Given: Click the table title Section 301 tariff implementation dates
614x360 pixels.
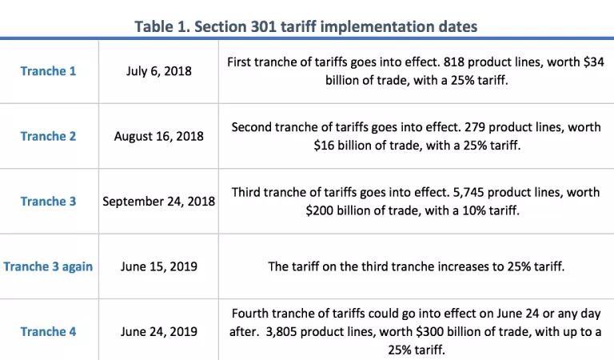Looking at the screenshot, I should tap(306, 26).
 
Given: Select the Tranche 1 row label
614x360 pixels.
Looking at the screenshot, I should tap(48, 70).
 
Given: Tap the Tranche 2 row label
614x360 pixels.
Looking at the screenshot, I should tap(48, 136).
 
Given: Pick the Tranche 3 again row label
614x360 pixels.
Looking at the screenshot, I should tap(48, 266).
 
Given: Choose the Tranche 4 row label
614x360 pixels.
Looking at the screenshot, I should tap(48, 331).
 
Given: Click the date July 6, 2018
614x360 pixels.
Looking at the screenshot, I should tap(158, 70).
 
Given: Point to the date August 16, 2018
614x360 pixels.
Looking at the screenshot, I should tap(158, 136).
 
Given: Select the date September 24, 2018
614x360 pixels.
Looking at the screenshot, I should tap(158, 202).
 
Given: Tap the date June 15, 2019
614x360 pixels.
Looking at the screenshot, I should tap(158, 266).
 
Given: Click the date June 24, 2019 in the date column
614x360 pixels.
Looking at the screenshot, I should tap(158, 331).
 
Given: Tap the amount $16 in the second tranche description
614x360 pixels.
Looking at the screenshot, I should tap(324, 145).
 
